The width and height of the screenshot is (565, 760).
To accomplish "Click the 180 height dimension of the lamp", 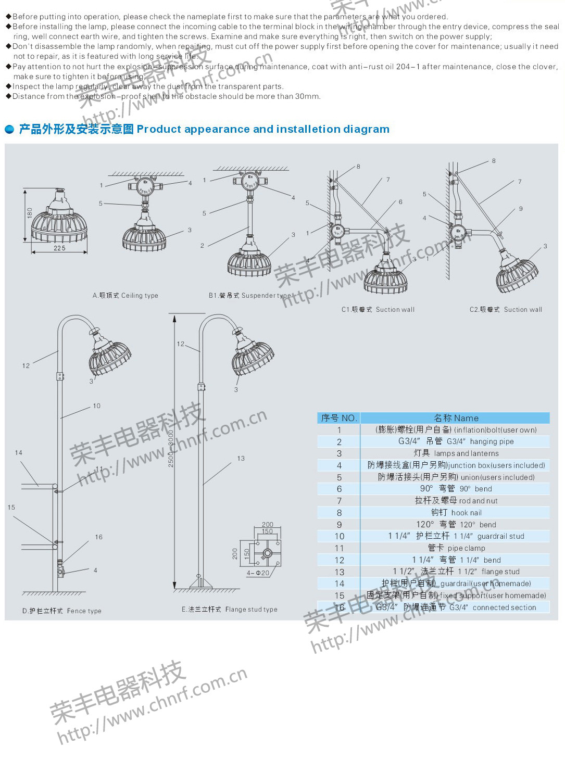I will click(30, 213).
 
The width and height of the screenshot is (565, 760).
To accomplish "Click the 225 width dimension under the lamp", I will click(59, 248).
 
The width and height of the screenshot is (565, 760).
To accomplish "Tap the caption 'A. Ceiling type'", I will click(125, 296).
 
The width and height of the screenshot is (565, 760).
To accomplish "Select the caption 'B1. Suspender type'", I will click(250, 296).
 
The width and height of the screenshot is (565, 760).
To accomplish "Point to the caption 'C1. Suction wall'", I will click(378, 310).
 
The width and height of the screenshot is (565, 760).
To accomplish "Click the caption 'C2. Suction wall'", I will click(506, 310).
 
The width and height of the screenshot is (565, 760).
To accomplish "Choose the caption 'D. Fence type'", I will click(62, 611).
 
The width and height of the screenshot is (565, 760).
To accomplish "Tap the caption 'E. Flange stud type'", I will click(230, 610).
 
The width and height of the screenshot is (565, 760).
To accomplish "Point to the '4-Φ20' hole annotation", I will click(258, 573).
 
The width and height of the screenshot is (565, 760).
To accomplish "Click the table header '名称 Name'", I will click(456, 418).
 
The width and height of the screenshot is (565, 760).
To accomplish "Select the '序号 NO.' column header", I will click(339, 418).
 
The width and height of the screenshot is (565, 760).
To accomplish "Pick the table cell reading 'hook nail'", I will click(456, 513).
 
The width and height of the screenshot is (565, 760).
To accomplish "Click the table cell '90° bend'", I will click(456, 489).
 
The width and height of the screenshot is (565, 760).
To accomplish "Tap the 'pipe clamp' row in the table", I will click(456, 548).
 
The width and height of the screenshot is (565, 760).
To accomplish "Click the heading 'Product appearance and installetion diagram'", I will click(263, 129).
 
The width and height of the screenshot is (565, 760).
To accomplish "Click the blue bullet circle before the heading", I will click(9, 130).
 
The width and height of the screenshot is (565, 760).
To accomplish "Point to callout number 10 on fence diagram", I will click(97, 406).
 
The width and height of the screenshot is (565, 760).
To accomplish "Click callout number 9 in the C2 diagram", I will click(520, 209).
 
